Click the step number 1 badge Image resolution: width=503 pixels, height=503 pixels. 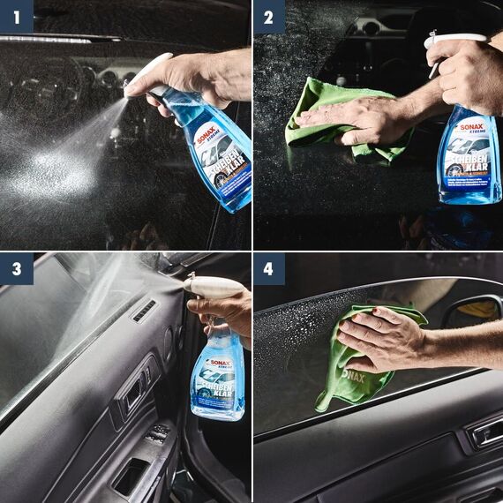16,15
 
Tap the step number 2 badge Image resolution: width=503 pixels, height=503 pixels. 269,15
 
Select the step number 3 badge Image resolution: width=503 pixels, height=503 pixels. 16,269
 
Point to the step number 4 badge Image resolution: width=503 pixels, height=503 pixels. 269,269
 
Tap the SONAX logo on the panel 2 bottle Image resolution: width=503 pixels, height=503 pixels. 471,126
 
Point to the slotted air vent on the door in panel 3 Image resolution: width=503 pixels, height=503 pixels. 144,311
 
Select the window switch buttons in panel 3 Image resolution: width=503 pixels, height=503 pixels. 158,433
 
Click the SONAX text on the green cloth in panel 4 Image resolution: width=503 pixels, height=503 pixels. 353,375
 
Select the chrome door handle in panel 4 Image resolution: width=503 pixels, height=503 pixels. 487,432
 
